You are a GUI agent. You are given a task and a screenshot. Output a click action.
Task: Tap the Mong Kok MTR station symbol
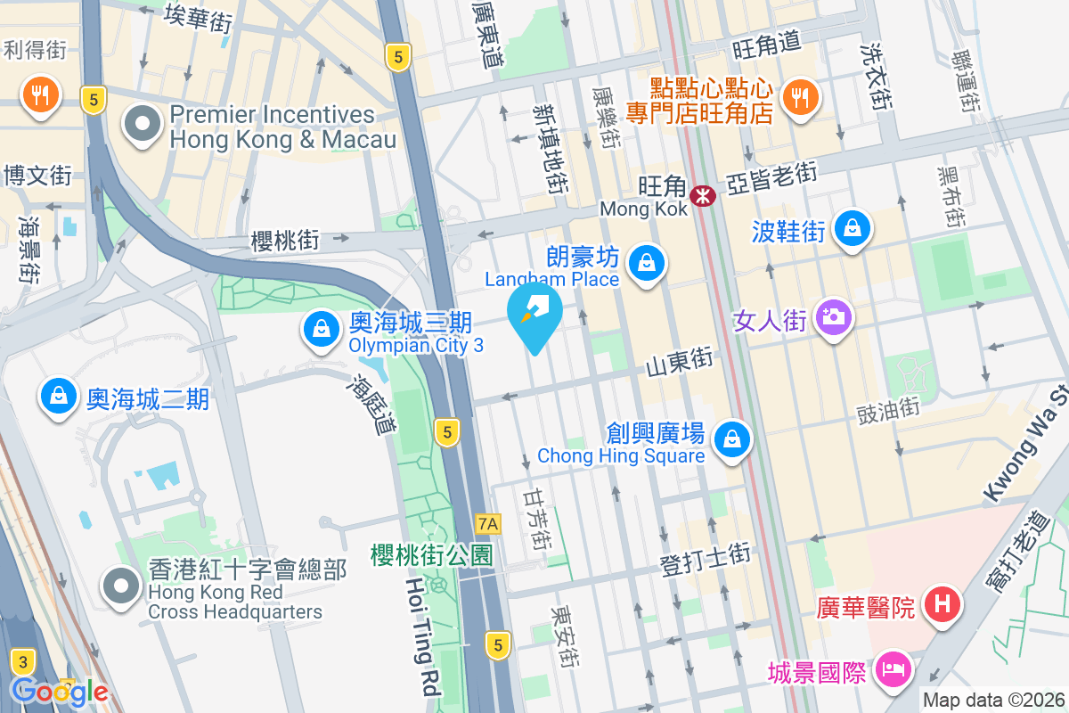704,195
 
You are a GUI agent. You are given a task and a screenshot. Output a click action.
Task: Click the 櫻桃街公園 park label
432,555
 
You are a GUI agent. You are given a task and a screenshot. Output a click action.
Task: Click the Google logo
60,691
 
